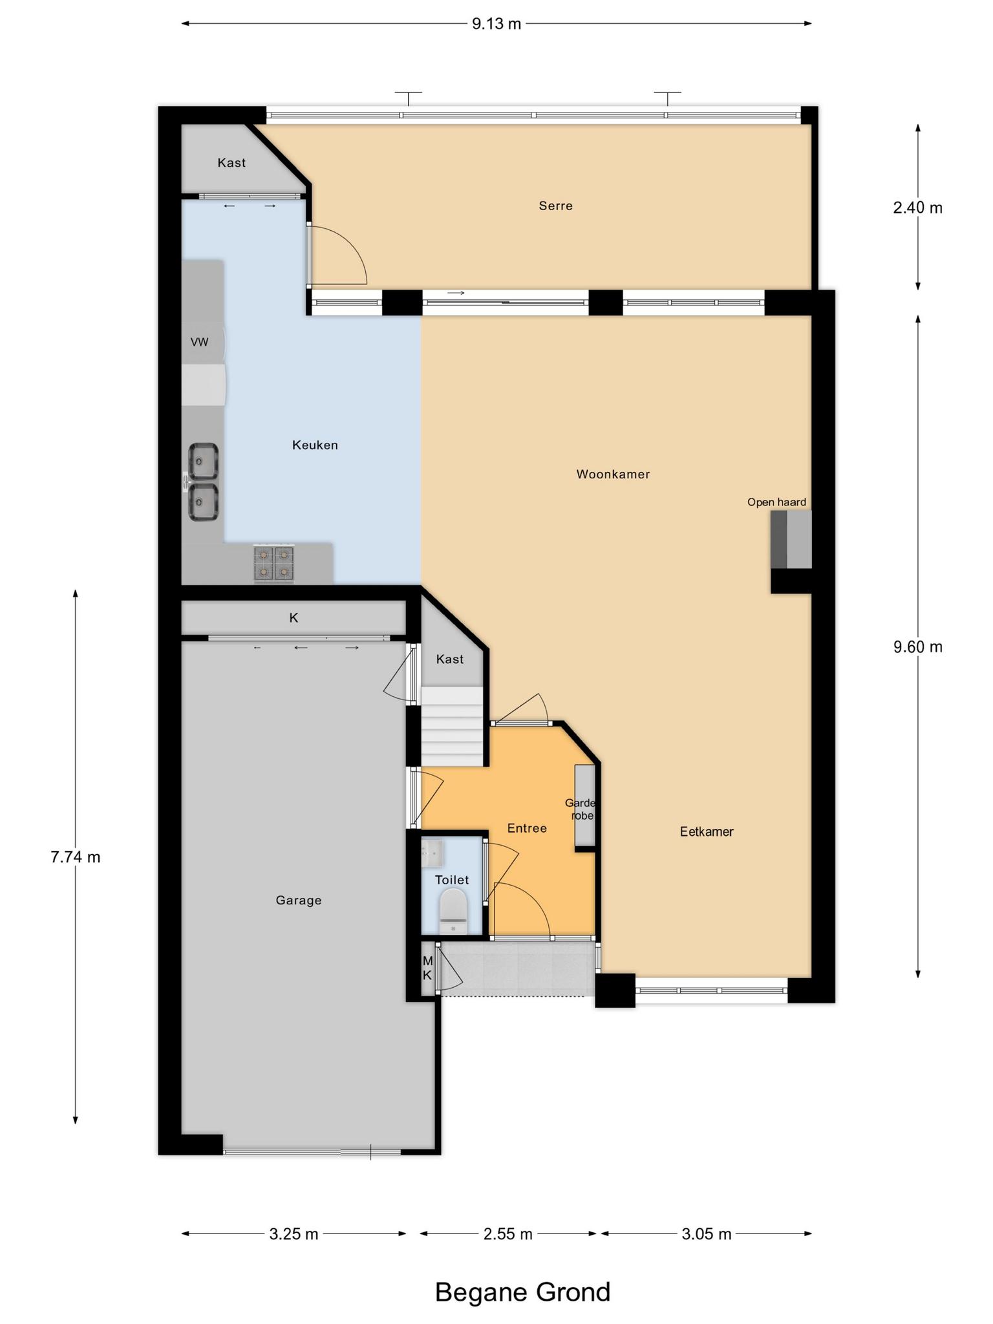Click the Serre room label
555,206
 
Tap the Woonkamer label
613,474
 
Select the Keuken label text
315,445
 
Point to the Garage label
298,900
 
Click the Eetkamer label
707,831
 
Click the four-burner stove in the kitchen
273,563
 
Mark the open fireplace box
791,539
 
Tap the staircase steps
453,727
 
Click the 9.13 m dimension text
496,24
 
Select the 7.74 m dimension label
76,857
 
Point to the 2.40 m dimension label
918,208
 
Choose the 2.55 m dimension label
508,1233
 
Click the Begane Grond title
522,1292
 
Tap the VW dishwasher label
200,342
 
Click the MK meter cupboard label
427,968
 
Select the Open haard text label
776,502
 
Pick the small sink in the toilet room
432,853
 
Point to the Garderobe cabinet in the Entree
585,806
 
